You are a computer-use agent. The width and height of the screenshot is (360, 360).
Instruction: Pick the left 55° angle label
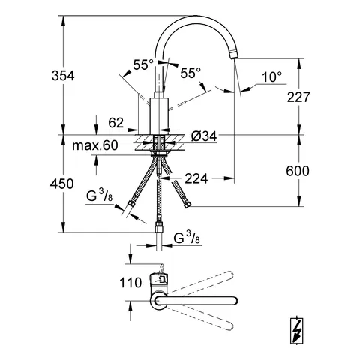[142, 66]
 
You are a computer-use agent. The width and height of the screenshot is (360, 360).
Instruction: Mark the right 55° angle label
[190, 73]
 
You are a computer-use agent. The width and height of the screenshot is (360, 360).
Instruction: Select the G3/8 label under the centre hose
[187, 239]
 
